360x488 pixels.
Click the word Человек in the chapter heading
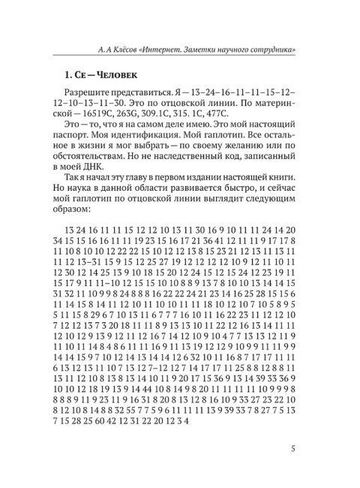click(x=112, y=76)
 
